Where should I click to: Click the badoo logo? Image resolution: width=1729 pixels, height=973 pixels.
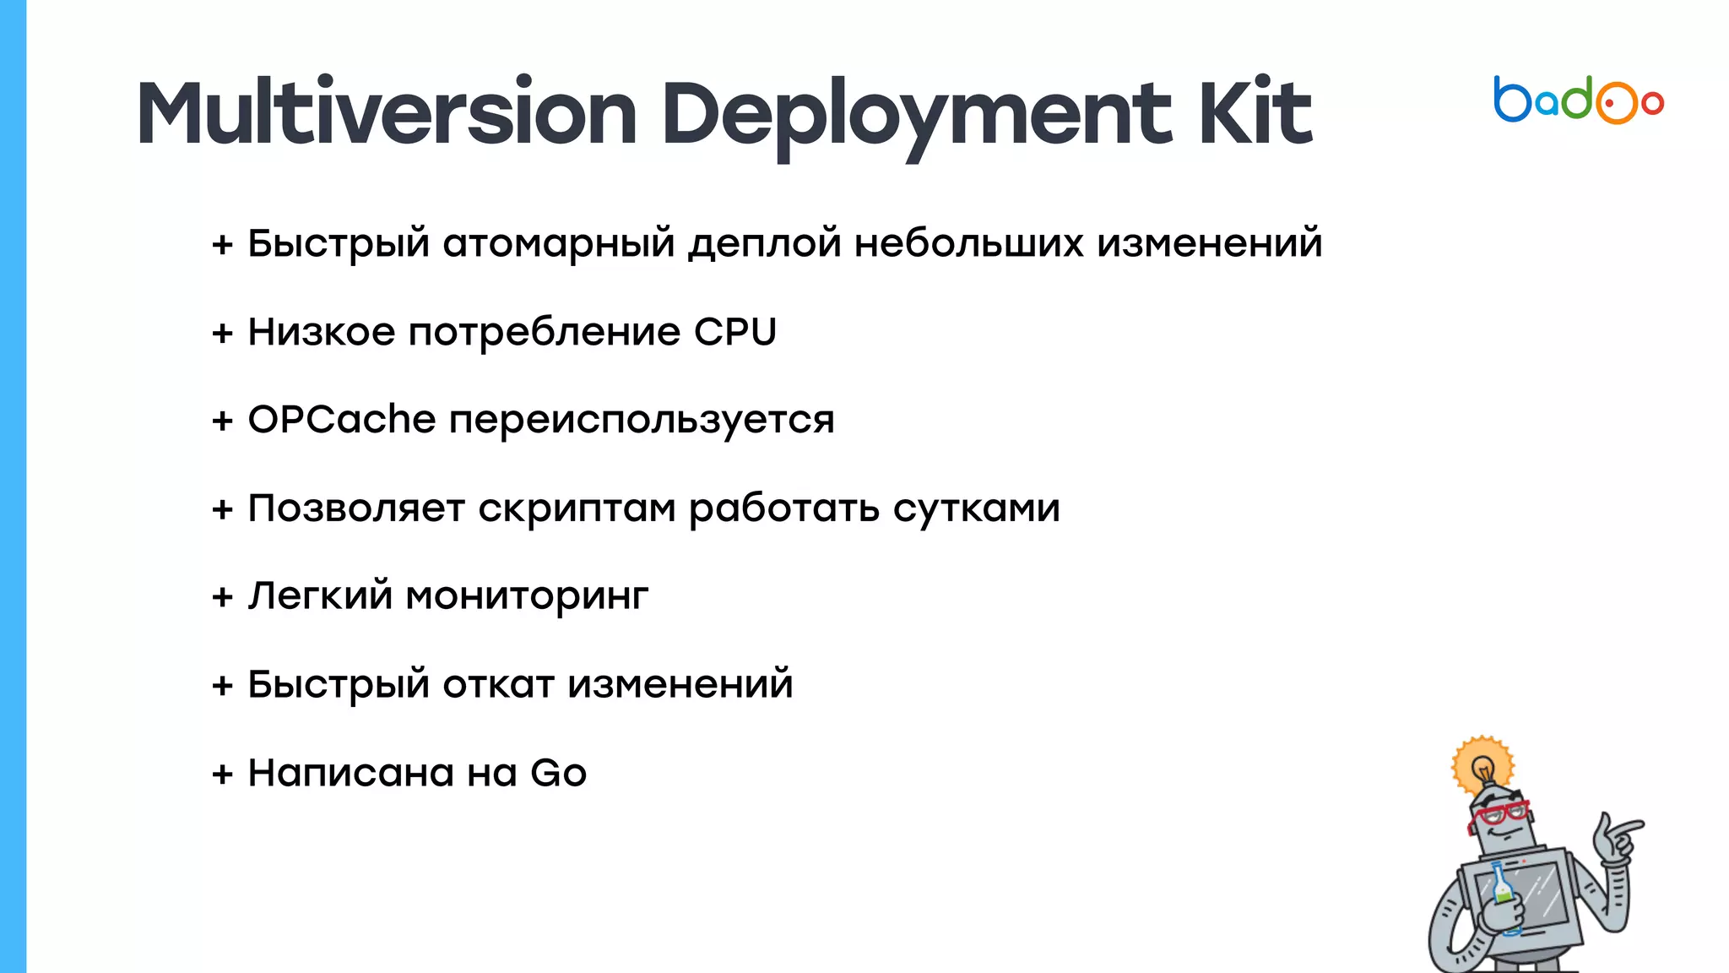[1578, 101]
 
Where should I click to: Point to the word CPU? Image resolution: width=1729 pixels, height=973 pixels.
[734, 332]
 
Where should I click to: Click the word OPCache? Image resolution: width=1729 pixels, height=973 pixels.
[341, 420]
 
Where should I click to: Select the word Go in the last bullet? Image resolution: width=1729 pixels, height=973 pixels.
[558, 773]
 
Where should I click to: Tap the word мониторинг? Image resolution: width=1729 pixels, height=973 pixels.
[527, 596]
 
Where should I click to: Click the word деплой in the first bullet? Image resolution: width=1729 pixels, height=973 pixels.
[765, 244]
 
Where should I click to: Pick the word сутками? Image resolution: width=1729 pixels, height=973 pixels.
[976, 508]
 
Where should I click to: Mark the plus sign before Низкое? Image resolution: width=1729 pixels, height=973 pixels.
[222, 334]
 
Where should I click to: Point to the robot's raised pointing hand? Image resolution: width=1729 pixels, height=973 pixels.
[1616, 836]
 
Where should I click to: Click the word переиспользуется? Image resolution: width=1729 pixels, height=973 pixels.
[642, 420]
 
